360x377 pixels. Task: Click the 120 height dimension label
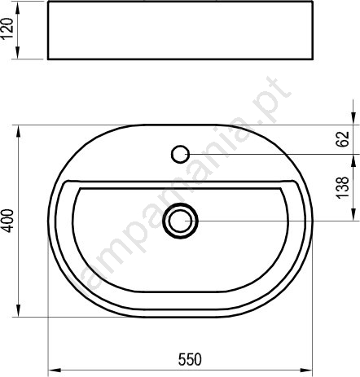tap(7, 29)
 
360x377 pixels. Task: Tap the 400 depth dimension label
tap(7, 221)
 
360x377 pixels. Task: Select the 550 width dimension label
tap(190, 359)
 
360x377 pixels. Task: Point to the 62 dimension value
tap(343, 139)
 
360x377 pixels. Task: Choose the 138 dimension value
tap(343, 188)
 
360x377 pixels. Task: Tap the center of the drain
tap(180, 221)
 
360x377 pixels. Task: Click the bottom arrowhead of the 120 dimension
tap(18, 52)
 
